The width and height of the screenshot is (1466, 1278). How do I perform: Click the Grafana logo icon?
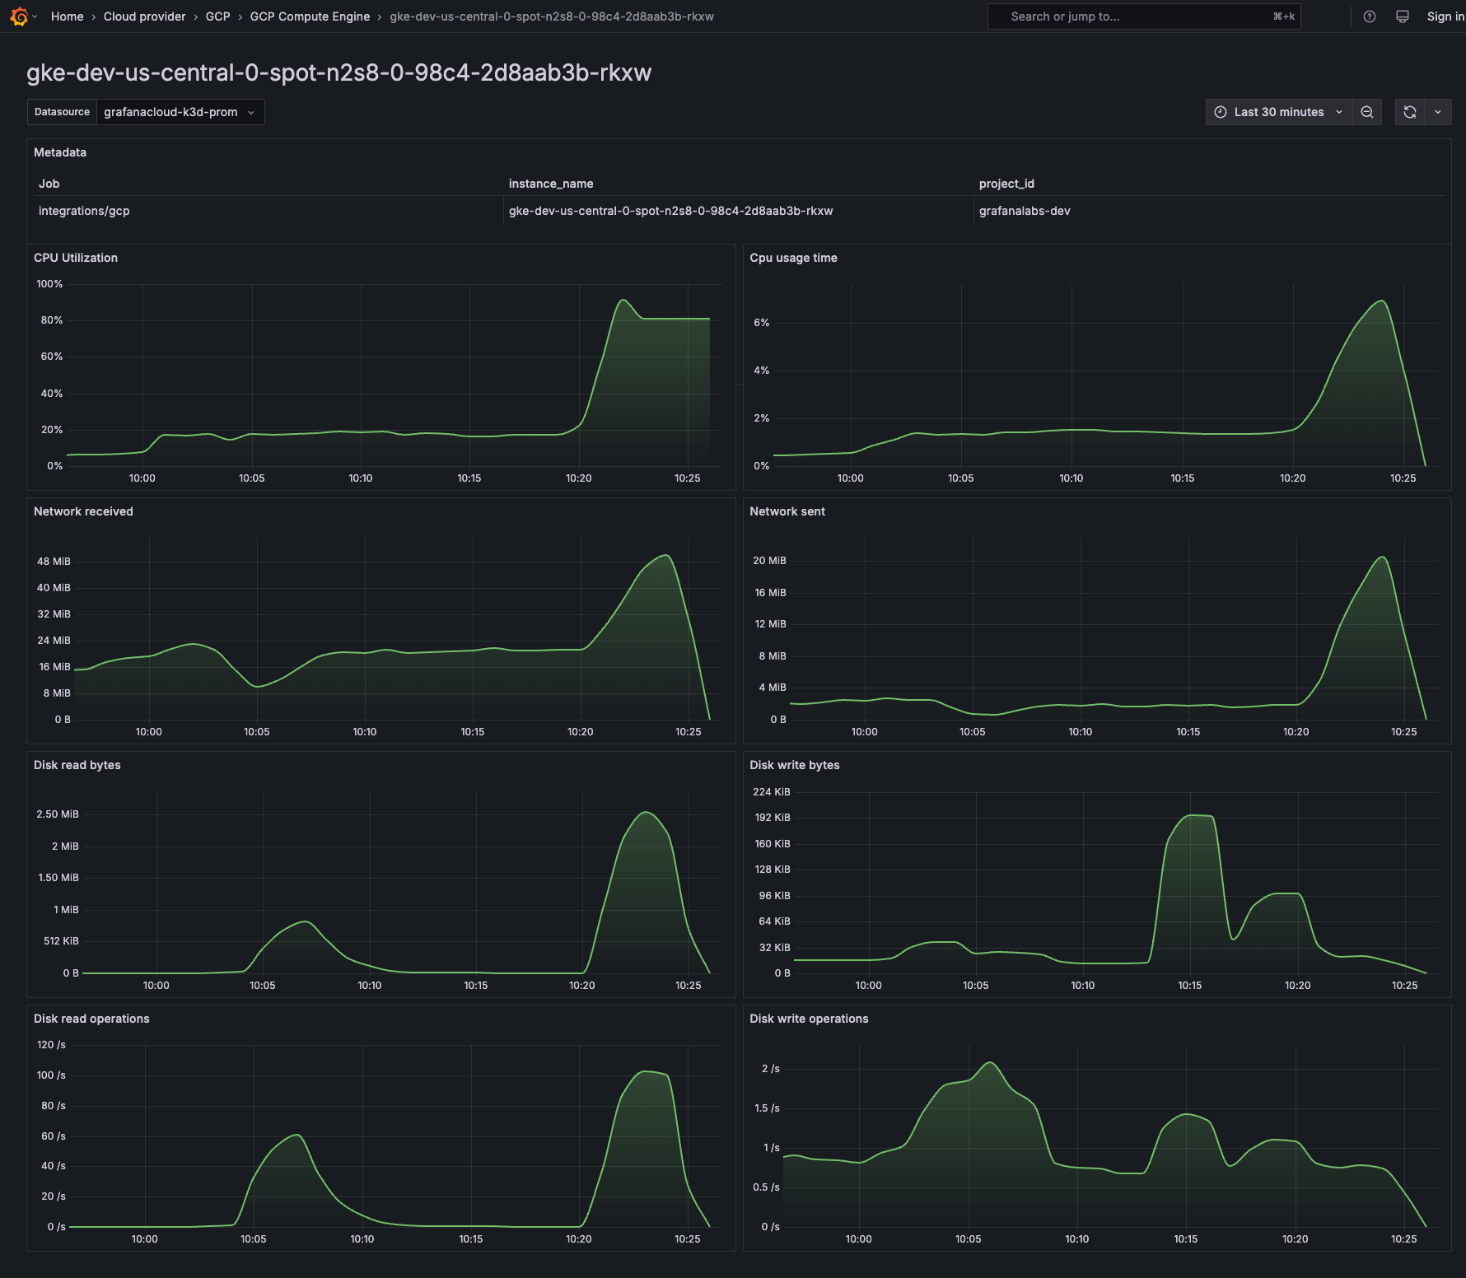[19, 16]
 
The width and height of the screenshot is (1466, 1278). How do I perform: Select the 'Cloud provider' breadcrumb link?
[144, 16]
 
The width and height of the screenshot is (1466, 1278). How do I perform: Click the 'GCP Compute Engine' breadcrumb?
[310, 16]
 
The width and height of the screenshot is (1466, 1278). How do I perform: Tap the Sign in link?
[1445, 16]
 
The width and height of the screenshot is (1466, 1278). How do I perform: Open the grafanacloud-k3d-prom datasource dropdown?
[180, 112]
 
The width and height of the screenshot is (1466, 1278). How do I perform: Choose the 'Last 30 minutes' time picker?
[1278, 112]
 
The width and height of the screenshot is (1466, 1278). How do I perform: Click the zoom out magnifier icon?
[1367, 112]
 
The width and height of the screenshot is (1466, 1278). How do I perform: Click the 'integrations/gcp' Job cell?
[84, 211]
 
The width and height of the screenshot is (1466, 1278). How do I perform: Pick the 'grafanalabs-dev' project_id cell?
[1025, 211]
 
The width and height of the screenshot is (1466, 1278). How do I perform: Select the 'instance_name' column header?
[551, 184]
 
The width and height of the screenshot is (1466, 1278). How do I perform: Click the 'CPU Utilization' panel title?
[76, 258]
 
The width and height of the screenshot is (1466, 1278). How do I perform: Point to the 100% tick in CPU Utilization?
[49, 284]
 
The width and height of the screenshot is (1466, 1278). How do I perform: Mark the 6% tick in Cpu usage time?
[761, 323]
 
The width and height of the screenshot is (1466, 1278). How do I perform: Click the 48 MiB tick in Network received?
[54, 562]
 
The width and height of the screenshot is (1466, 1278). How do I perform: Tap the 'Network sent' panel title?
[787, 511]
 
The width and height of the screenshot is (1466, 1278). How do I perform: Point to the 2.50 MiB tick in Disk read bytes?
[58, 814]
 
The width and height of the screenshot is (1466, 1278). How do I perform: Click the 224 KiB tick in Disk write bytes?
[771, 792]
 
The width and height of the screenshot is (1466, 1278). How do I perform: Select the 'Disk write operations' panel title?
[809, 1019]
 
